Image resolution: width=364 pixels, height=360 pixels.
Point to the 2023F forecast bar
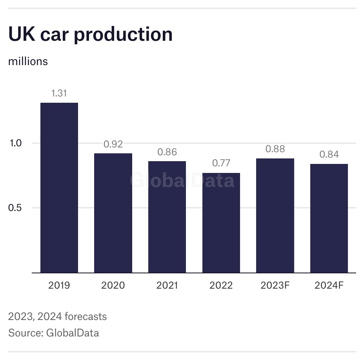(x=275, y=215)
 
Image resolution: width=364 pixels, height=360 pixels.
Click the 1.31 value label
(x=59, y=93)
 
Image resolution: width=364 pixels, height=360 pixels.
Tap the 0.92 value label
(x=113, y=144)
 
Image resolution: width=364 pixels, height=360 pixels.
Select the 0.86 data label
(x=167, y=152)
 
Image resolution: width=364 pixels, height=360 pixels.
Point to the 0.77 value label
(x=221, y=163)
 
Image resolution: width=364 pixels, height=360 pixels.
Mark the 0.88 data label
(x=275, y=149)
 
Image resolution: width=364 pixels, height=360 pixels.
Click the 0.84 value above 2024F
(x=329, y=155)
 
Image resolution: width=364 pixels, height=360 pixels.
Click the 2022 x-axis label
(x=221, y=285)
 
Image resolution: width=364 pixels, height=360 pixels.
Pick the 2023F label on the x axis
(x=275, y=285)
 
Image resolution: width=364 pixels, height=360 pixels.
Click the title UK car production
(x=91, y=35)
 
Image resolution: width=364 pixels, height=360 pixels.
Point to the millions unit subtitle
(x=28, y=62)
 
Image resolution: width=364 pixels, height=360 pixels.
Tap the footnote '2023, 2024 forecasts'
(x=57, y=316)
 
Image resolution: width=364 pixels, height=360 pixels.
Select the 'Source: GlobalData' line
(x=54, y=333)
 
